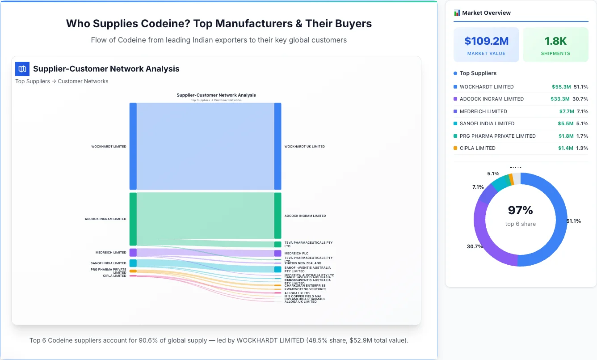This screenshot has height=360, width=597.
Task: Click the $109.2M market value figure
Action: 486,41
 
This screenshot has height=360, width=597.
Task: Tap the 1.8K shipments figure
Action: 555,41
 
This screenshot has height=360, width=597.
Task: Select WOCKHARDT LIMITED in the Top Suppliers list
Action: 480,87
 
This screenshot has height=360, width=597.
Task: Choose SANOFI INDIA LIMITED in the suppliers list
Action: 481,123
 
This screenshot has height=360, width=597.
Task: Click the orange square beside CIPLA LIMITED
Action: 455,148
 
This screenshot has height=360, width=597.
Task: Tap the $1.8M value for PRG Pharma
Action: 566,136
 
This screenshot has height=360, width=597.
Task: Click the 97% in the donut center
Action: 521,210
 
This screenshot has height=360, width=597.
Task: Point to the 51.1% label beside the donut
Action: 574,221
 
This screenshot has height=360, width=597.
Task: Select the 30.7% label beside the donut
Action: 475,246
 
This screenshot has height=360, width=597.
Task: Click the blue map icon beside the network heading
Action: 22,69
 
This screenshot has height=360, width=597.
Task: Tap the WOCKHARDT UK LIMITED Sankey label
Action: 304,147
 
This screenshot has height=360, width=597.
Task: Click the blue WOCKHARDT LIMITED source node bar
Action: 133,146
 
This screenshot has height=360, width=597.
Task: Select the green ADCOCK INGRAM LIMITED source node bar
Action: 133,219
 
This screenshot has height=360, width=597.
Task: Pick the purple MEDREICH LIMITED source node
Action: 133,253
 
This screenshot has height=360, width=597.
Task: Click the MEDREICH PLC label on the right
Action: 296,254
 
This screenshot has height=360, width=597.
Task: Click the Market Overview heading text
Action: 486,13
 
